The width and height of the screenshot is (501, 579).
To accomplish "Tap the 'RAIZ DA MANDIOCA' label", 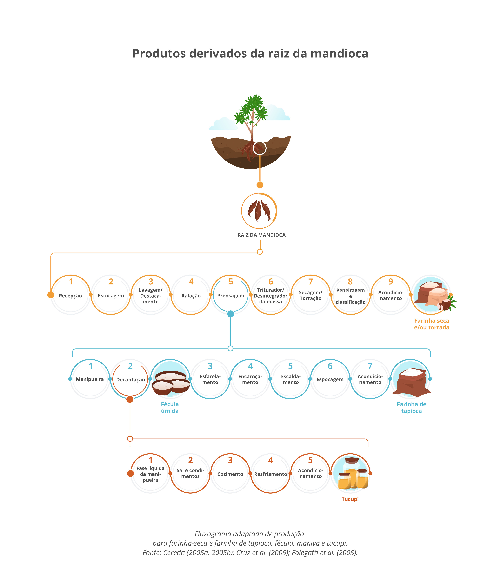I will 262,235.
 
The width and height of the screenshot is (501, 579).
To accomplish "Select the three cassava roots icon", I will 259,211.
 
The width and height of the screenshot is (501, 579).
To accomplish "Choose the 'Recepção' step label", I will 70,296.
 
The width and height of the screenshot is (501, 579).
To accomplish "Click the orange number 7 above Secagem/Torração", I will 310,282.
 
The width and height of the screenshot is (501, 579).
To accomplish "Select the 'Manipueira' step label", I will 90,379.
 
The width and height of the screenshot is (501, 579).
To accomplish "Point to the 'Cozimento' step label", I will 230,474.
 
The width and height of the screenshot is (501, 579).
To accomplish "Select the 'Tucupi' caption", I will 350,499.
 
